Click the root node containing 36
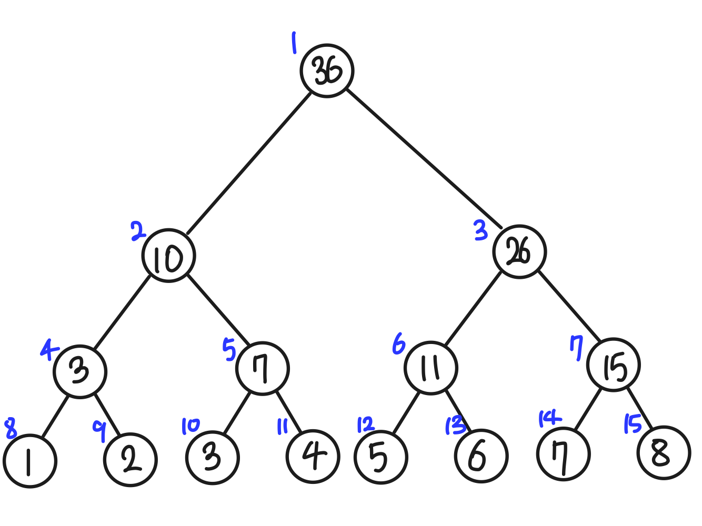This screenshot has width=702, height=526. click(x=327, y=71)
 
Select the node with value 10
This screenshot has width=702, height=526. click(x=168, y=256)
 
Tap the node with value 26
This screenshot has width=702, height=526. click(x=519, y=252)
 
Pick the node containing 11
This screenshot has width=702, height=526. click(x=431, y=367)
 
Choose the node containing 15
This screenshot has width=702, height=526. click(x=614, y=365)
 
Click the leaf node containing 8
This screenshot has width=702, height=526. click(x=663, y=452)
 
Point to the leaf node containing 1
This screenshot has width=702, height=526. click(x=29, y=461)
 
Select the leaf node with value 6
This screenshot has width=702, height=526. click(x=481, y=456)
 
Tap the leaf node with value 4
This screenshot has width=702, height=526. click(x=313, y=456)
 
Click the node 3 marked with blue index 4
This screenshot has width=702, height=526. click(x=80, y=371)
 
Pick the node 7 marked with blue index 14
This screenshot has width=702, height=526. click(x=563, y=454)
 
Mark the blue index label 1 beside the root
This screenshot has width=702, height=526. click(x=294, y=43)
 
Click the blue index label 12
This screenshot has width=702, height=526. click(x=365, y=424)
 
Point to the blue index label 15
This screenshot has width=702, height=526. click(x=632, y=424)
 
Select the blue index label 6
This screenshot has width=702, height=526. click(x=399, y=345)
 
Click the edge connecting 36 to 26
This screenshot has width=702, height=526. click(x=424, y=159)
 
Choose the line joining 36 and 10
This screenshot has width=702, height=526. click(x=249, y=163)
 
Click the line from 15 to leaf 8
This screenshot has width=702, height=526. click(x=639, y=409)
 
